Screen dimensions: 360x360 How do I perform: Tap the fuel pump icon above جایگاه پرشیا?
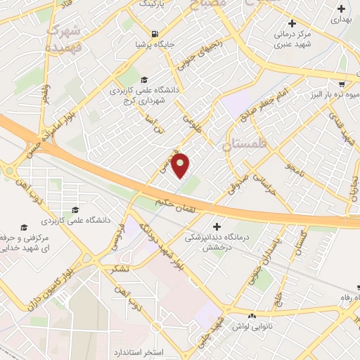(154, 33)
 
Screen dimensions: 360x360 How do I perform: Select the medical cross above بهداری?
(341, 10)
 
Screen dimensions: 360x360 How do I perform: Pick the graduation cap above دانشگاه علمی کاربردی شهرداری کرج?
(144, 79)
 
